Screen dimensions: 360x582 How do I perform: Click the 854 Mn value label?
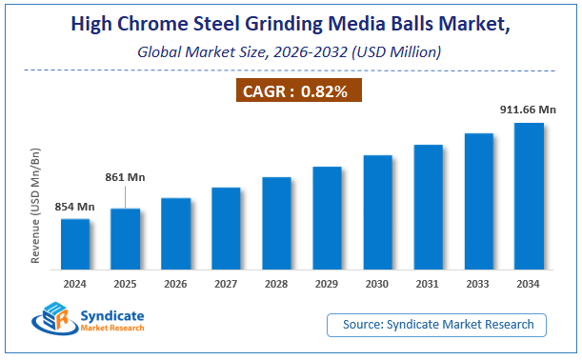(73, 207)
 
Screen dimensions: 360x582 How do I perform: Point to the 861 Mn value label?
(125, 176)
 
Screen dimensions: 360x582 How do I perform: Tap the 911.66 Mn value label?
(528, 110)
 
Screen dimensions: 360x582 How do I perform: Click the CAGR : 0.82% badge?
(299, 91)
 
